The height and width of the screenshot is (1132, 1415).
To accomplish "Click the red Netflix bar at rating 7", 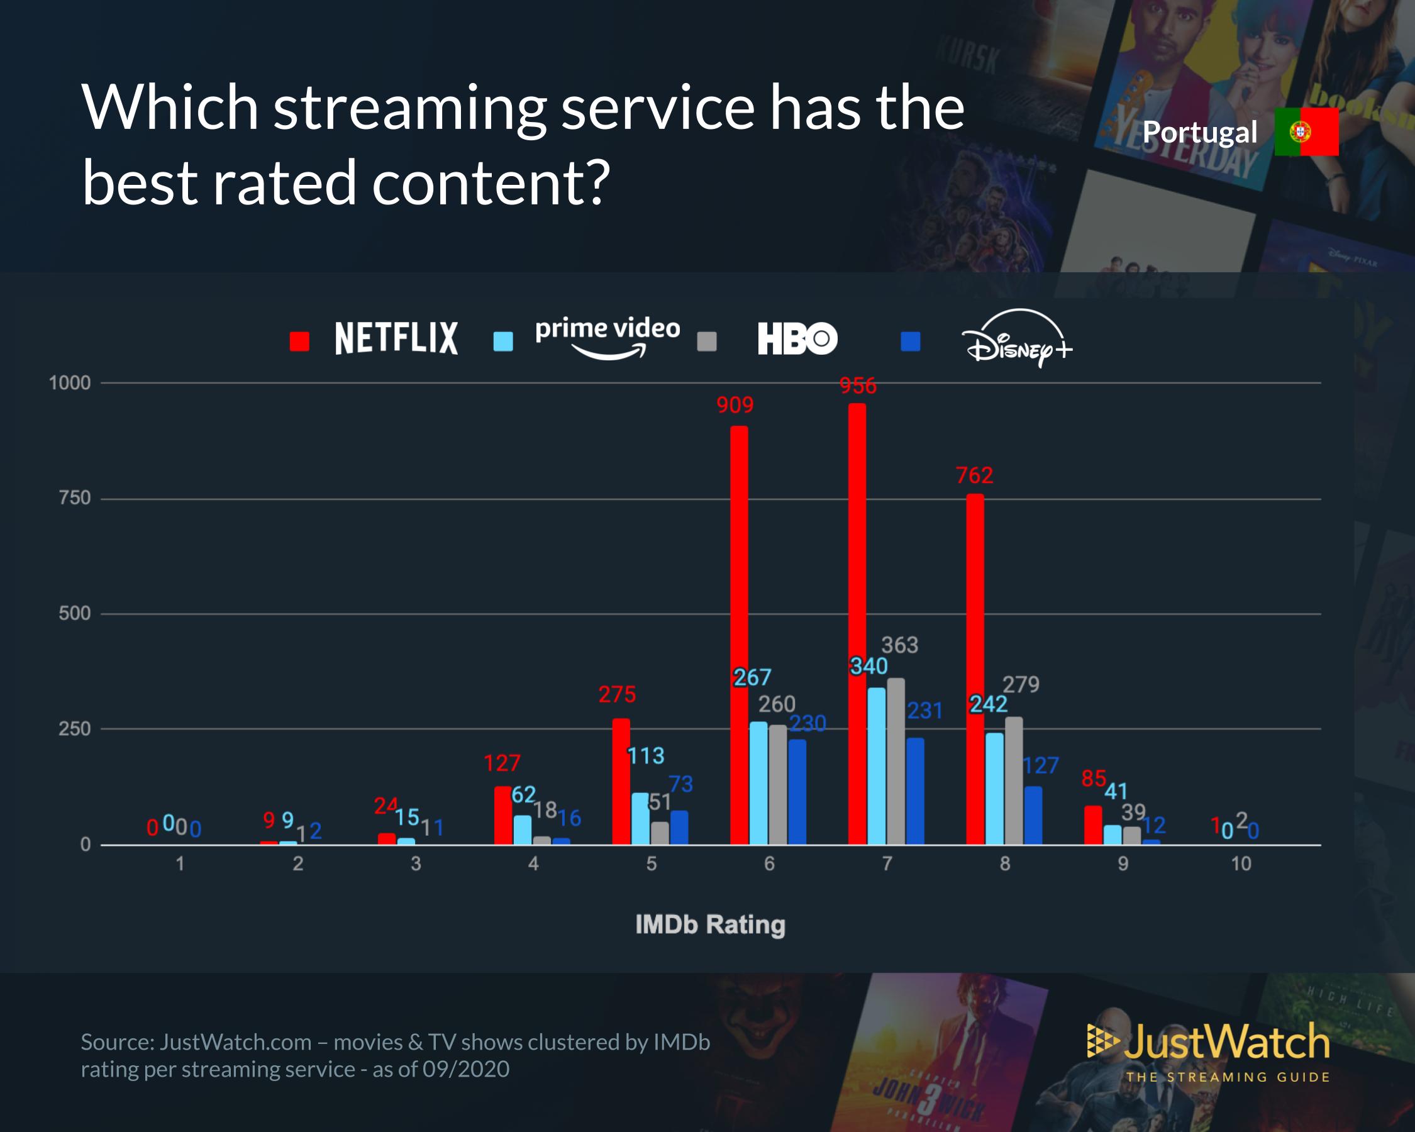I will (x=857, y=623).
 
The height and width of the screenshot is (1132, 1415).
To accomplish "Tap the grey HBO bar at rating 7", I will (x=896, y=761).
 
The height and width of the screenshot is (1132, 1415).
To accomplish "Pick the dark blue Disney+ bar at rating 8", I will (x=1033, y=815).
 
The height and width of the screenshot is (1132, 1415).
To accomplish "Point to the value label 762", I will (x=975, y=475).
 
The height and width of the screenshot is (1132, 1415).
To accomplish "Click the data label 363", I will (x=899, y=645).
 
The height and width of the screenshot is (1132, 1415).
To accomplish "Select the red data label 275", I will (x=617, y=694).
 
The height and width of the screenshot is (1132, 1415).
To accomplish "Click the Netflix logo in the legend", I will (x=396, y=338).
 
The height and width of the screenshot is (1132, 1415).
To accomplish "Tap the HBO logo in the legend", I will (x=797, y=338).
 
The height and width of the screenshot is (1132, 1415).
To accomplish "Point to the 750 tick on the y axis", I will (x=74, y=498).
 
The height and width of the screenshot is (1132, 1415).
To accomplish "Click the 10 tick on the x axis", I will (x=1240, y=863).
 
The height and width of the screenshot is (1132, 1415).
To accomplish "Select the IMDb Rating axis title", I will (x=710, y=924).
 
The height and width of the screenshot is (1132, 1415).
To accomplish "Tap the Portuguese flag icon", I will (x=1306, y=132).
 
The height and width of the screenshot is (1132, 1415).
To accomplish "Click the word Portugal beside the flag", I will (x=1200, y=133).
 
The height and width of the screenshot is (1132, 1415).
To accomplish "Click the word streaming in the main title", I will (x=409, y=108).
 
